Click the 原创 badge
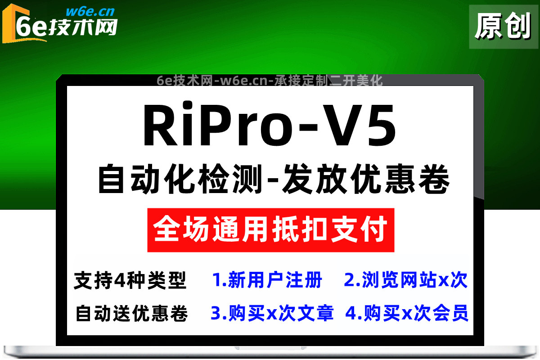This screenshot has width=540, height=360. pos(504,27)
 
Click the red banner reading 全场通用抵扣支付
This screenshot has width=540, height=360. pos(271,230)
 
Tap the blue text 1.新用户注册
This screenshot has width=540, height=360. pos(267,280)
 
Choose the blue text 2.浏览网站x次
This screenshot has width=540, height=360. pos(406,280)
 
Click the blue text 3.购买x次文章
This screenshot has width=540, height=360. pos(272,313)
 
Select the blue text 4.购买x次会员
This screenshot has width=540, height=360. pos(407,313)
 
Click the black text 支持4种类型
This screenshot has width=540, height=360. pos(130,280)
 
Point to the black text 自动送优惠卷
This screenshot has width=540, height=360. pos(131,314)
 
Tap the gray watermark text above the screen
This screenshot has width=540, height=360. pos(270,81)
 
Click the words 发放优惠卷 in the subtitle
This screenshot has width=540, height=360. pos(366,179)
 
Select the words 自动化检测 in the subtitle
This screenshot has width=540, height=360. pos(180,179)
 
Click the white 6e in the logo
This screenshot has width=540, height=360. pos(31,27)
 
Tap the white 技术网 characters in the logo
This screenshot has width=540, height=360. pos(83,27)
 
